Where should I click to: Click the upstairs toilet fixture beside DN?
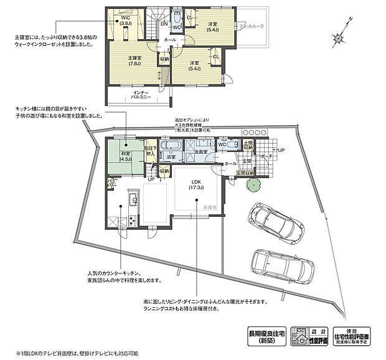pos(176,17)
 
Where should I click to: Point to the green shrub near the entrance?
pos(252,185)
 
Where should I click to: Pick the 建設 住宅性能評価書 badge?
pos(351,335)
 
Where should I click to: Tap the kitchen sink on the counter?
pos(132,199)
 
